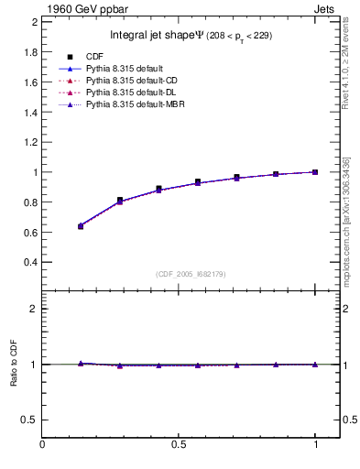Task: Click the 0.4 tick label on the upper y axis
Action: (29, 262)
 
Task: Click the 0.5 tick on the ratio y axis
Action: (29, 420)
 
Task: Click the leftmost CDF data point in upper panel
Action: (81, 226)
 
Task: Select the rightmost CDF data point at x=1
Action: (315, 172)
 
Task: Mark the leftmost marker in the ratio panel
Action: (81, 364)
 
